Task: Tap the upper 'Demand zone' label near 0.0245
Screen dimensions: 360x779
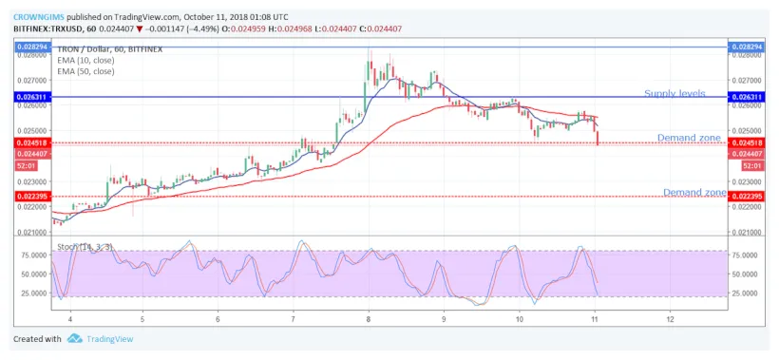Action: coord(690,138)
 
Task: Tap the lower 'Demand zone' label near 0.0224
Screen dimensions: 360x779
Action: coord(694,192)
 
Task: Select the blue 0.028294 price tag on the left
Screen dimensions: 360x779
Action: coord(31,47)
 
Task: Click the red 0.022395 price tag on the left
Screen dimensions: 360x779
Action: coord(31,196)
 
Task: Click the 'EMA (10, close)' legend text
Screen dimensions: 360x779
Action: coord(87,60)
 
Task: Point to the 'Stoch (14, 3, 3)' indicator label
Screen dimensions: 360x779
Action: coord(84,247)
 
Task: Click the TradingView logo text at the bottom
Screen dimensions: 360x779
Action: coord(112,339)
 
